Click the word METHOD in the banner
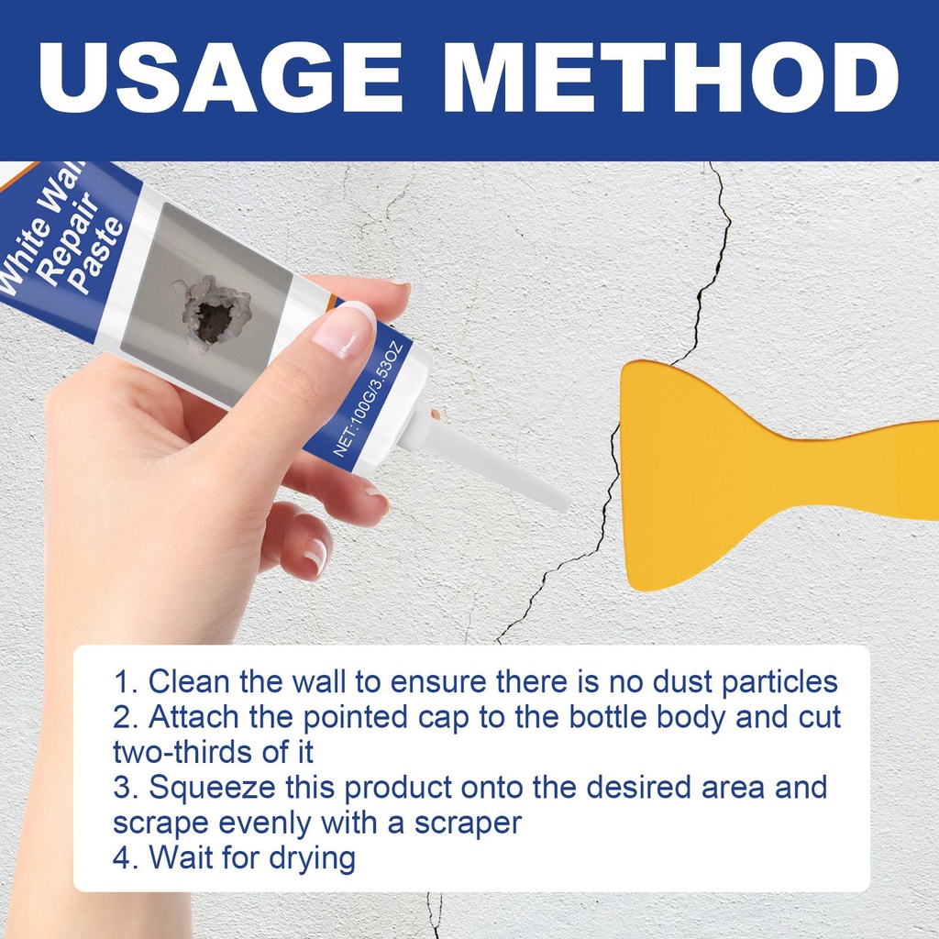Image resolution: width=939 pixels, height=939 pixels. pos(670,78)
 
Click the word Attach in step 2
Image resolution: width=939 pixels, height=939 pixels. pos(193,716)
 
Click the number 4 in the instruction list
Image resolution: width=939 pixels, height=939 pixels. pos(122,857)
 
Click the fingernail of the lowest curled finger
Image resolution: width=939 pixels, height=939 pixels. pos(315,556)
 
